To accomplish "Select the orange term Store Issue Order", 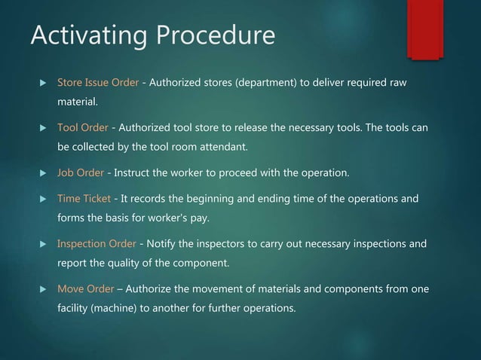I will click(x=98, y=82).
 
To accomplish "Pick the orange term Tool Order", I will click(x=82, y=128).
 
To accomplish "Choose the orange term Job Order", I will click(x=81, y=174).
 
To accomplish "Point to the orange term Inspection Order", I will click(x=97, y=245).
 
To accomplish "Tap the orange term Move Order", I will click(x=86, y=290).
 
